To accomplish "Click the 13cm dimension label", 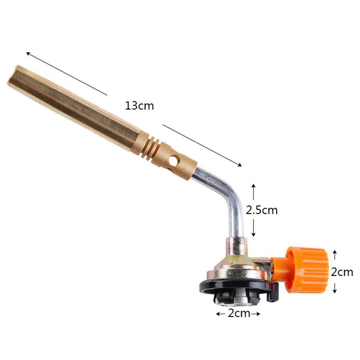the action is pos(140,106).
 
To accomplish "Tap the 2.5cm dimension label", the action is pos(262,210).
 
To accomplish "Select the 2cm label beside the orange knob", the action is pos(342,272).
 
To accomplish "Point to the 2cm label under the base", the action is pos(239,313).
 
